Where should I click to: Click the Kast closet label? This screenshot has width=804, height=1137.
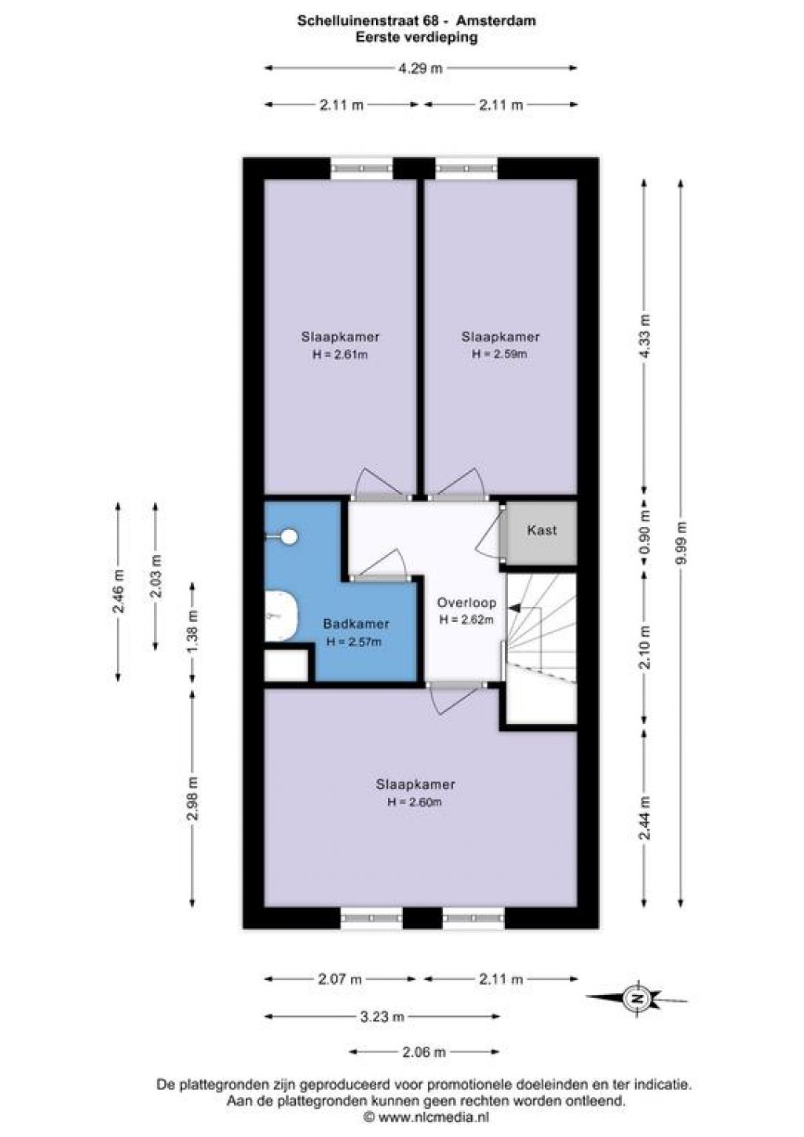542,531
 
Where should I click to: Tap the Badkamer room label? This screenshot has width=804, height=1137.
356,623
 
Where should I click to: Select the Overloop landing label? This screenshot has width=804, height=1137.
466,602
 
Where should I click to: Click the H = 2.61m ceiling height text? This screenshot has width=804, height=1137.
340,354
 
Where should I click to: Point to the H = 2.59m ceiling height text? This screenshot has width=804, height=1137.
499,354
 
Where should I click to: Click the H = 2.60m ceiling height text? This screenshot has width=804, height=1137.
415,802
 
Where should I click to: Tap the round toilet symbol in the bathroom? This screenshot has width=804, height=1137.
289,536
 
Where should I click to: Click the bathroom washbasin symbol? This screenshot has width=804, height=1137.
281,615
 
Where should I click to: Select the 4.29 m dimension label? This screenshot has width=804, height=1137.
420,68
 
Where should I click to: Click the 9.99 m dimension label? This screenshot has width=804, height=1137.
682,542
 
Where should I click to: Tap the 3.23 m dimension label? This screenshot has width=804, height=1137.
382,1016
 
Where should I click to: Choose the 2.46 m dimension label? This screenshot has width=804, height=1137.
119,591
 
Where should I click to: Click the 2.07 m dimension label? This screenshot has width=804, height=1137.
340,978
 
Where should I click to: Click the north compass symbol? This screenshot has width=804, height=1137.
637,997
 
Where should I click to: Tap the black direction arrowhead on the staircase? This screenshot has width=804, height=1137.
513,607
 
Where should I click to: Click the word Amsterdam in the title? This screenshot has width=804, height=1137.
496,21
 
